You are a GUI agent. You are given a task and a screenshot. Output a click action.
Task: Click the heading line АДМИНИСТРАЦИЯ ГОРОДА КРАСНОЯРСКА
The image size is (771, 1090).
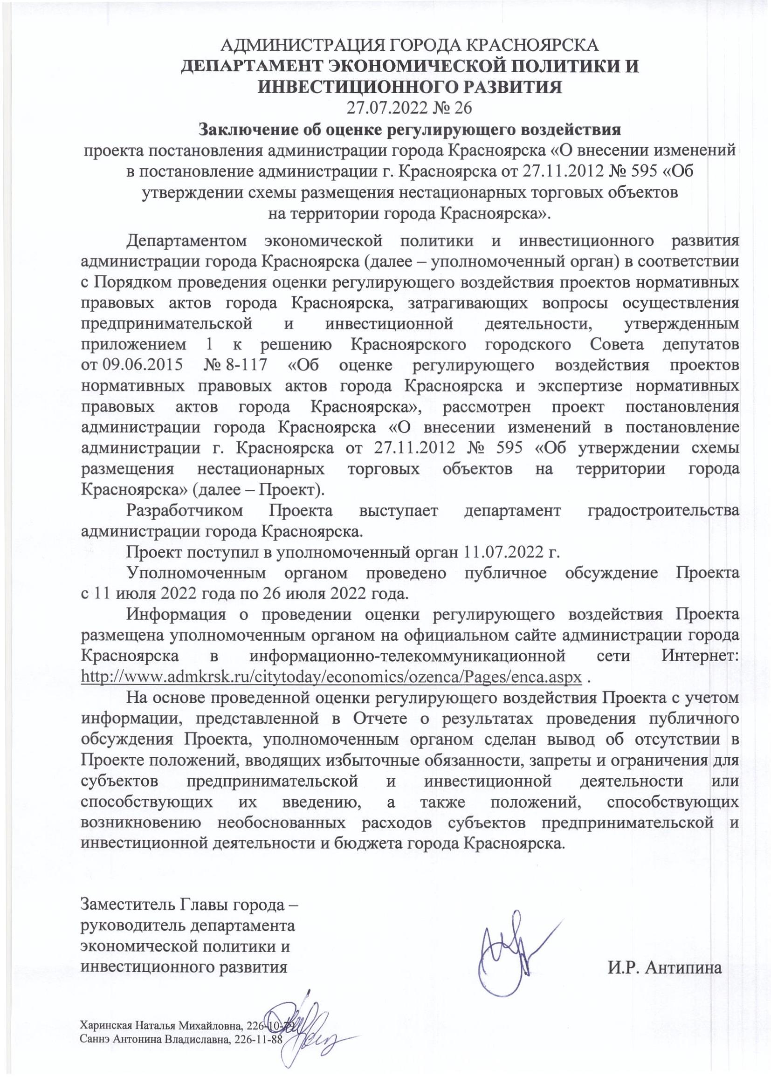click(411, 46)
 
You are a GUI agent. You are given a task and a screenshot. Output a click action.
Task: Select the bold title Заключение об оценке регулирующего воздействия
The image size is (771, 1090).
click(410, 129)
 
